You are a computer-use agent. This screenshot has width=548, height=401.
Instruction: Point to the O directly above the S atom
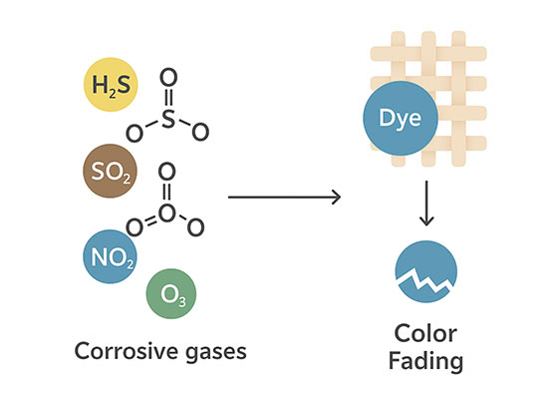(167, 75)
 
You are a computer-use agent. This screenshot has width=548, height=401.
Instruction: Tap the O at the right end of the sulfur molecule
(200, 130)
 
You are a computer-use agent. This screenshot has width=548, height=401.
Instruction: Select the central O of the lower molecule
(165, 212)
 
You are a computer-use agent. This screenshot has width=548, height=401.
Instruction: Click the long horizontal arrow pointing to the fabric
(284, 198)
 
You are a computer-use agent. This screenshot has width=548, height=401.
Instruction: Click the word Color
(424, 333)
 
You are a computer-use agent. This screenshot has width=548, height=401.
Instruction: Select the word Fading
(424, 361)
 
